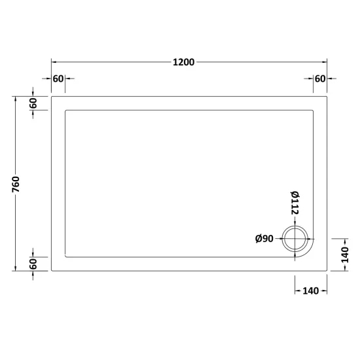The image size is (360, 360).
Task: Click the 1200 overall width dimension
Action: point(183,62)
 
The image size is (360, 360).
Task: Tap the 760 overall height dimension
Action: point(16,185)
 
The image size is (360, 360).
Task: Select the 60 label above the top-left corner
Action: point(58,79)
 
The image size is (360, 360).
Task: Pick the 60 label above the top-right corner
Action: point(320,79)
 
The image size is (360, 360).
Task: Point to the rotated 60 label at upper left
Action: point(33,103)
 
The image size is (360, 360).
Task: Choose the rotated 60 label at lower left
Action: point(33,264)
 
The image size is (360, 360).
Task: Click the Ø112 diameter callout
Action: point(295,203)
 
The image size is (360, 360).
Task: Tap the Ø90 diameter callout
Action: point(264,239)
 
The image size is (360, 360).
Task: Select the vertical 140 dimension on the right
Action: point(344,255)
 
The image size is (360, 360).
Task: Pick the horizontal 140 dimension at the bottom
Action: point(311,291)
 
